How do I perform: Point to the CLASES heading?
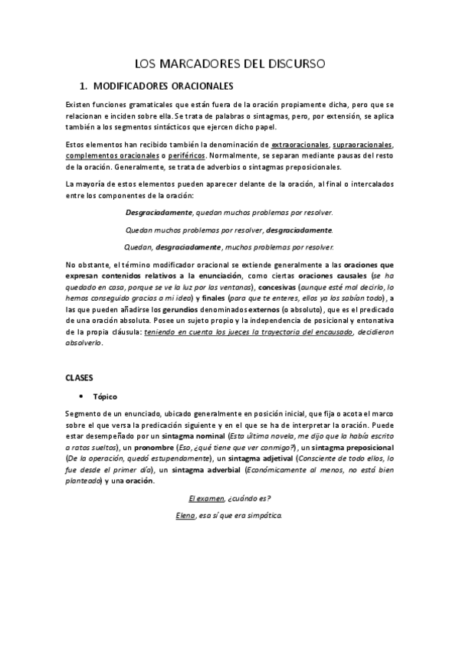click(79, 377)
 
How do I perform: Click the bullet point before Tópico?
click(81, 396)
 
